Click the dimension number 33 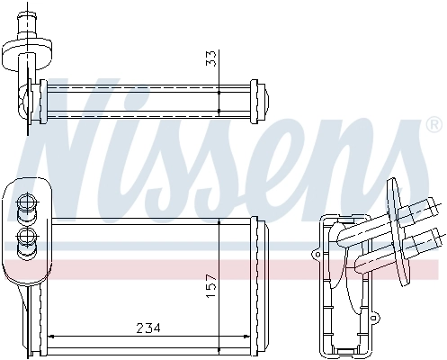(210, 58)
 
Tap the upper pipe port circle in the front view (26, 202)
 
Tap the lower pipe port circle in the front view (26, 238)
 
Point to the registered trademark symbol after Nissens (434, 123)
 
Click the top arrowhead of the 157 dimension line (219, 225)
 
